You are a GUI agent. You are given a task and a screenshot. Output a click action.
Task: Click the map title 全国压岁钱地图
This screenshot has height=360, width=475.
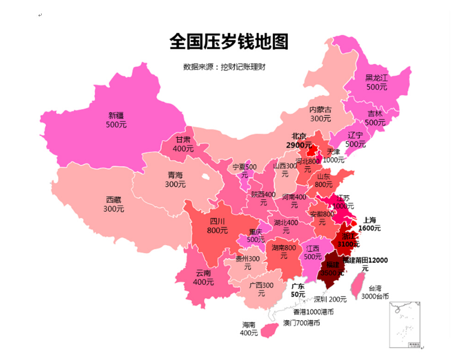coord(229,41)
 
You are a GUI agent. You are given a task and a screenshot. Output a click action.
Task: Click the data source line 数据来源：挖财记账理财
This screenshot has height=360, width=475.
coord(225,67)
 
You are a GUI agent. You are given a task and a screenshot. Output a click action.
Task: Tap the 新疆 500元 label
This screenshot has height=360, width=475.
coord(116,120)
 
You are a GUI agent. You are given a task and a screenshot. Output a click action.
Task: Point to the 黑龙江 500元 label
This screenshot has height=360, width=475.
coord(376,81)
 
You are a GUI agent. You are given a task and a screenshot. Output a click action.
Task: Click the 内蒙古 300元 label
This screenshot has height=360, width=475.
coord(320,114)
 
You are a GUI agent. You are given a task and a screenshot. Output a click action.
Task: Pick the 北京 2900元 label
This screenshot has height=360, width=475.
coord(299,140)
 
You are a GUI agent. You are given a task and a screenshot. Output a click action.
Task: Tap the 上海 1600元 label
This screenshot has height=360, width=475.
coord(369,224)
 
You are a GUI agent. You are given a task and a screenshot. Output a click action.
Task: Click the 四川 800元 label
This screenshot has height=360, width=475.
coord(218,226)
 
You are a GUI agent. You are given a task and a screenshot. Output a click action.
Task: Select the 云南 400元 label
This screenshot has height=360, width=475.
coord(203,277)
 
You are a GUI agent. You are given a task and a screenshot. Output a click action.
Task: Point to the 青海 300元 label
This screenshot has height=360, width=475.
coord(175,179)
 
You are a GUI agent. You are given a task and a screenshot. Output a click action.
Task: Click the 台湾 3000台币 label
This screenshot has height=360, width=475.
coord(375,292)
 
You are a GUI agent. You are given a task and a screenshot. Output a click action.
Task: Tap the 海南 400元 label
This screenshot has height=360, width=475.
coord(249,329)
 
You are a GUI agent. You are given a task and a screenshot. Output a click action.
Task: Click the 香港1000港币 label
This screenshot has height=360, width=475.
coord(313,311)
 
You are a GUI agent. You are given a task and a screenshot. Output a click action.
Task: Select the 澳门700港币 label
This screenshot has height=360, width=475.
coord(301,322)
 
